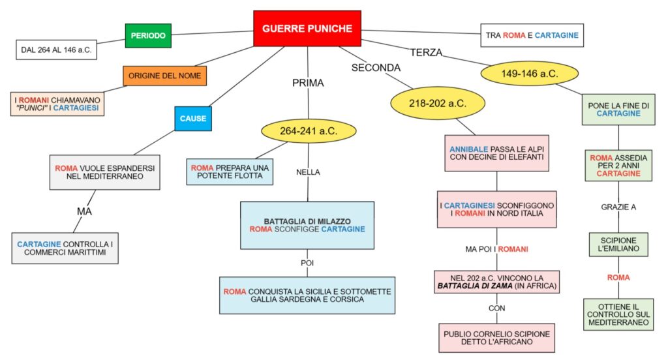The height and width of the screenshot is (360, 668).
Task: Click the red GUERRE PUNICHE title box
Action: pos(307,28)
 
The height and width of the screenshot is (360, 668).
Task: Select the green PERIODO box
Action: pos(148,35)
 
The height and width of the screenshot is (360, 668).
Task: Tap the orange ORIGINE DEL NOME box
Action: pos(165,76)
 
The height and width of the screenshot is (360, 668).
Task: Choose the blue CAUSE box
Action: pos(193,118)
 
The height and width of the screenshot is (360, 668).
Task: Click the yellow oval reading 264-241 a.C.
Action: pos(309,130)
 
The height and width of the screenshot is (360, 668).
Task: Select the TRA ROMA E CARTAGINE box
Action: pos(532,35)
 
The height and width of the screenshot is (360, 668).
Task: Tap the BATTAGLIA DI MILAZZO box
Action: pos(307,225)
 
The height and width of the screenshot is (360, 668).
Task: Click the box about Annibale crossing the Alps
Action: pos(496,153)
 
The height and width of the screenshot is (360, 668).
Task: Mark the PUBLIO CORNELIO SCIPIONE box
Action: pos(496,338)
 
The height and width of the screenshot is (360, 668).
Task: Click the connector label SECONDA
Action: pos(376,67)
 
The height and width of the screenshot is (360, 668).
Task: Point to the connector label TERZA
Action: pos(427,52)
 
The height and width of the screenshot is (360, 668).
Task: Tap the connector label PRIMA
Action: pos(308,83)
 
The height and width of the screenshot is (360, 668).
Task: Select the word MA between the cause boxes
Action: pos(84,211)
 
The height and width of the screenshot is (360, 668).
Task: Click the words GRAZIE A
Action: pos(618,207)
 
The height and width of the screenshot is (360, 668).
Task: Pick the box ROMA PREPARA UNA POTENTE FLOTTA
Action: pos(229,172)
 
